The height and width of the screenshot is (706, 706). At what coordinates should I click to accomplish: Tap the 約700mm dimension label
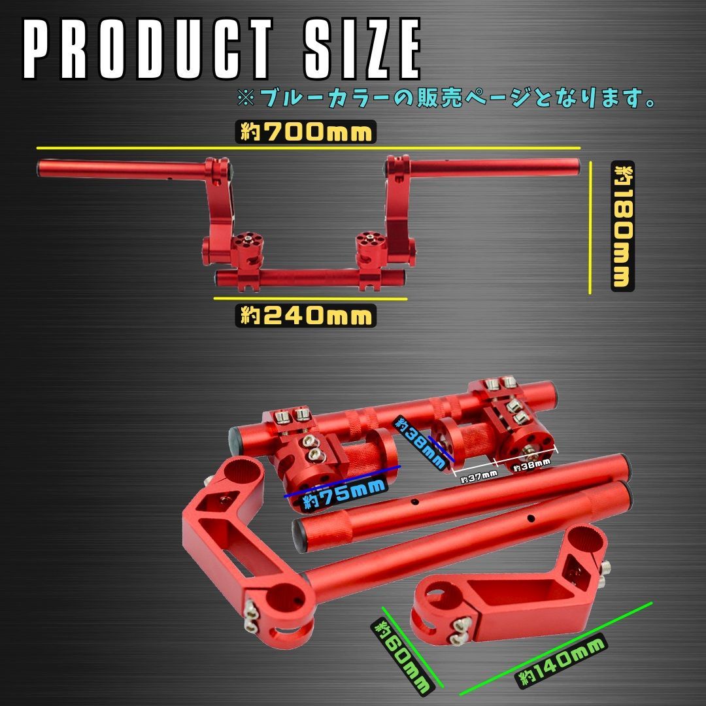click(x=306, y=133)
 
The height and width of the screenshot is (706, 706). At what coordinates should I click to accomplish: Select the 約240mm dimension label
click(x=306, y=316)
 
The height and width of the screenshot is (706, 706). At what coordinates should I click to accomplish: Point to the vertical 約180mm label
click(x=622, y=226)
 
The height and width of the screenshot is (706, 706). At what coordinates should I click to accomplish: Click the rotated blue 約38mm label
click(x=418, y=439)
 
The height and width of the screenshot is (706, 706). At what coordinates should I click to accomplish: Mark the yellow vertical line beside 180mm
click(x=591, y=226)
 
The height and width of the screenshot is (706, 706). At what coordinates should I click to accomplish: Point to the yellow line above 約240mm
click(x=310, y=299)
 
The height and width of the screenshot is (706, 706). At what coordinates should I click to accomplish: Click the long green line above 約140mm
click(x=556, y=647)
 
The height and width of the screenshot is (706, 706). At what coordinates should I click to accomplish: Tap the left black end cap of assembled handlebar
click(x=41, y=167)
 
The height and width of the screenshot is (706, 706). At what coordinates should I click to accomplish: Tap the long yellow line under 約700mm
click(x=307, y=148)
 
